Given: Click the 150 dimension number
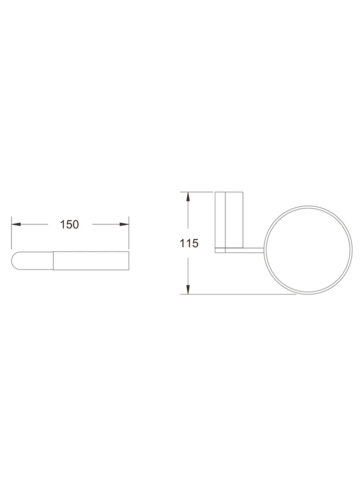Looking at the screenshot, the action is tap(69, 224).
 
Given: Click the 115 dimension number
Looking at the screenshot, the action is tap(189, 243).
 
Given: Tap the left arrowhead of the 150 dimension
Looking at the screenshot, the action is tap(16, 224).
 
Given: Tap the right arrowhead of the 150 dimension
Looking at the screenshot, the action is tap(124, 224).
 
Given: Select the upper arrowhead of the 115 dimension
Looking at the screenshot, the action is tap(188, 196).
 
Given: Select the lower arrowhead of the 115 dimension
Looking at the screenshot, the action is tap(188, 290).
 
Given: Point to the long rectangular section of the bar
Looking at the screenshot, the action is tap(91, 261).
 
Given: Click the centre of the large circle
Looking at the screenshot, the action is tap(308, 250).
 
